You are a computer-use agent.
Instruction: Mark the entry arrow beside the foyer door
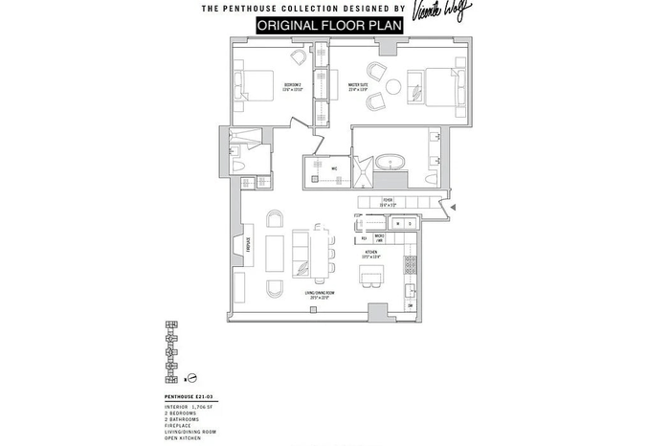click(x=454, y=206)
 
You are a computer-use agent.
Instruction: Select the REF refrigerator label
click(x=364, y=238)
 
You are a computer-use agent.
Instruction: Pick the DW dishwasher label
click(x=410, y=307)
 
